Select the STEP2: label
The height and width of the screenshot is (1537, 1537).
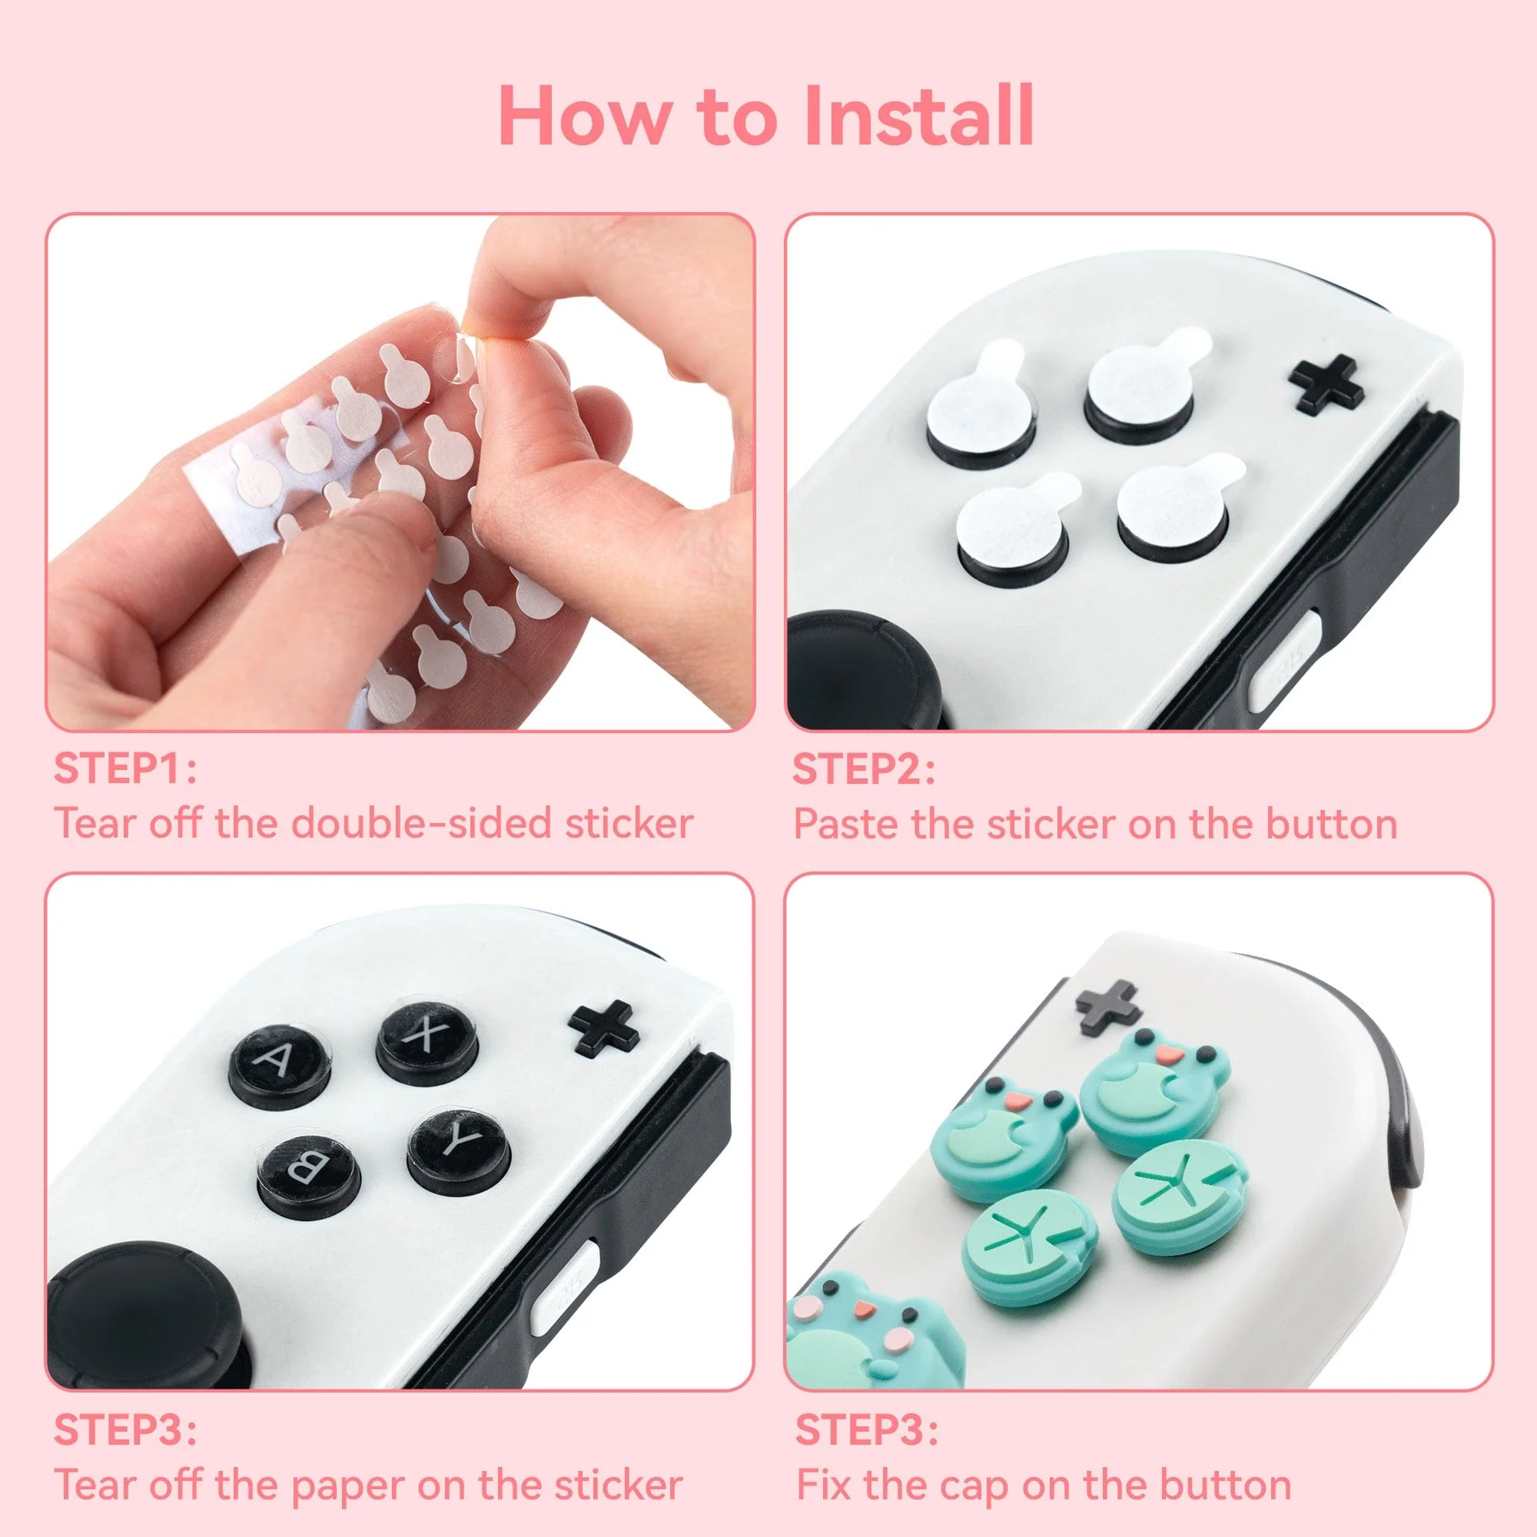coord(863,769)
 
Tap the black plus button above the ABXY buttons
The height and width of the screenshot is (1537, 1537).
coord(605,1027)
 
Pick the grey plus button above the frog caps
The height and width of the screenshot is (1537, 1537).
coord(1108,1008)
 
